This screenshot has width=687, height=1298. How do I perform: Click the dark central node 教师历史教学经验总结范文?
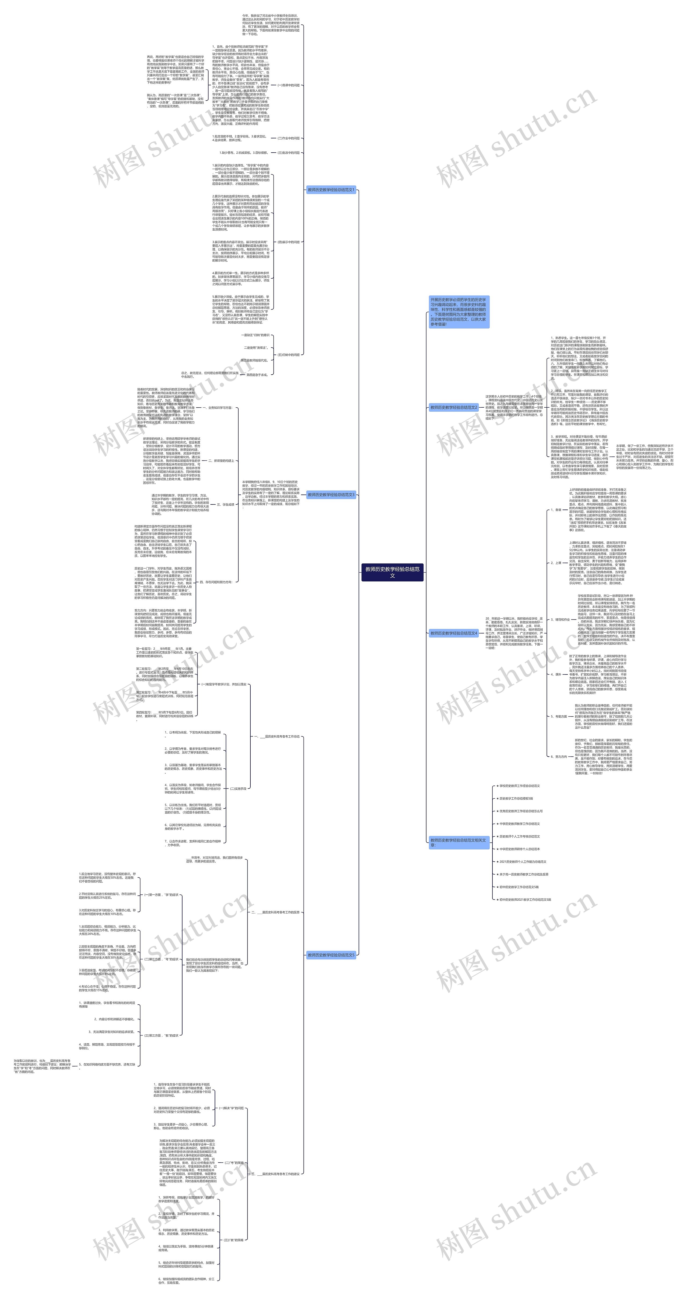(392, 572)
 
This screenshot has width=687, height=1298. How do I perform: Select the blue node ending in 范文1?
(331, 190)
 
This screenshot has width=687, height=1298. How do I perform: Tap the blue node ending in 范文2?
(453, 407)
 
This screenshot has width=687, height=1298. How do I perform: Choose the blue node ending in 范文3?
(331, 495)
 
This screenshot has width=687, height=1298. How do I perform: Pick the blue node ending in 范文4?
(453, 633)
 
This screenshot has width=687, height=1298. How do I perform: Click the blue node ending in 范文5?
(331, 955)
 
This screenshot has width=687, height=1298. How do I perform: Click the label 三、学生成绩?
(225, 504)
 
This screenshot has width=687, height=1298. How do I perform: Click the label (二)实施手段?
(238, 788)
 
